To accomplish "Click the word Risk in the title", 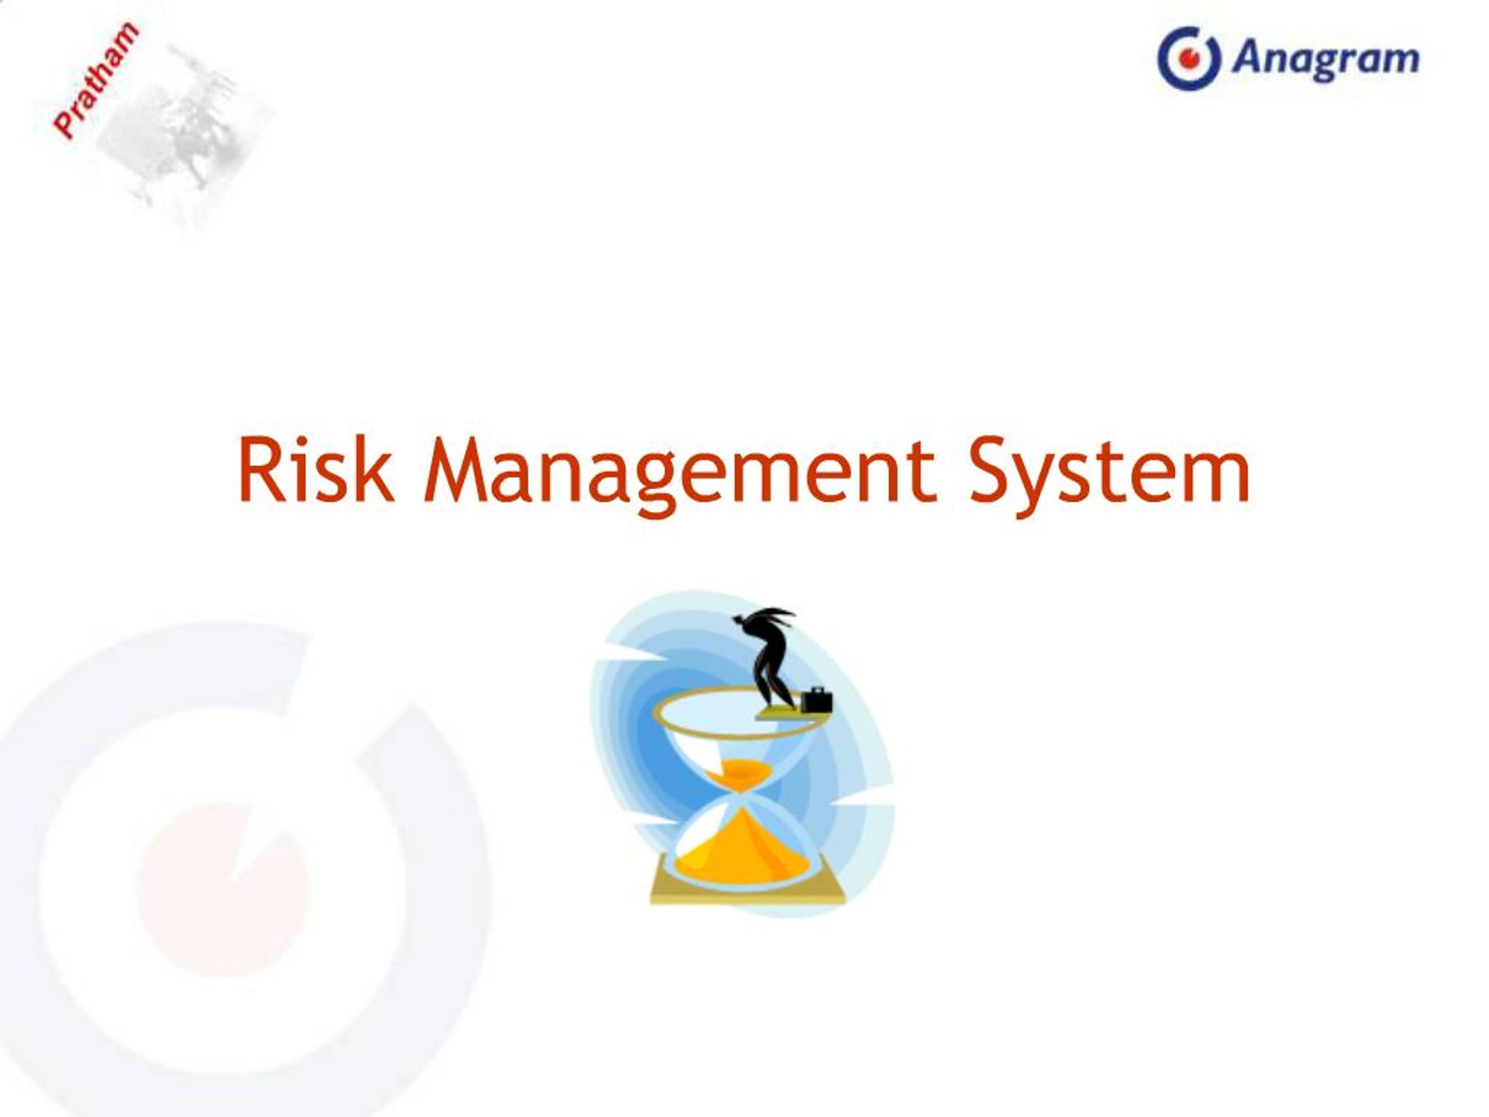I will [x=315, y=469].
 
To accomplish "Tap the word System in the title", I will [x=1109, y=471].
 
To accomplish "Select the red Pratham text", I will [x=96, y=80].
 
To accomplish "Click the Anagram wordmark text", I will [x=1325, y=59].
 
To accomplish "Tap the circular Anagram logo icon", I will [x=1188, y=59].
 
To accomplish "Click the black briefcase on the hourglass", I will [x=817, y=701].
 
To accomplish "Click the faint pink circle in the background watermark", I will [x=222, y=889].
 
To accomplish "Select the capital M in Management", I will [x=455, y=469].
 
